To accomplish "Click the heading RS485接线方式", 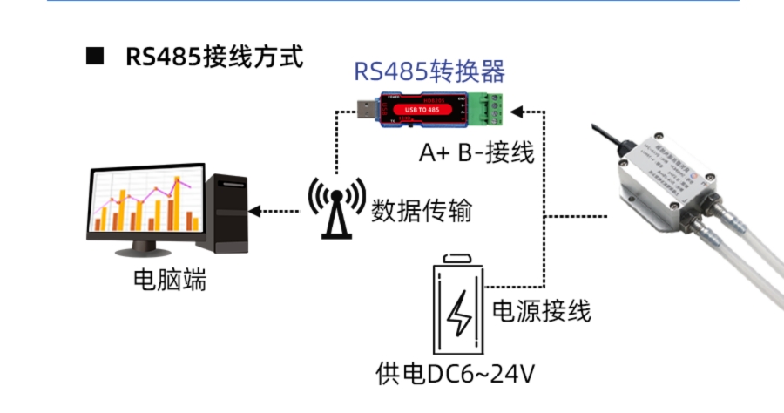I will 214,58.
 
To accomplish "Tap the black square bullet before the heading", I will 95,58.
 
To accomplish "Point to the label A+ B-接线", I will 476,153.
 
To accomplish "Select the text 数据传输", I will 421,210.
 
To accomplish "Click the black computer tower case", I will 226,213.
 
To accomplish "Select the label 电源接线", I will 542,310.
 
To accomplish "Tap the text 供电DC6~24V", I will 454,375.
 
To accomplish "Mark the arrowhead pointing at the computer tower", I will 254,211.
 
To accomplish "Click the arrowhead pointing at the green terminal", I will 517,112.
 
